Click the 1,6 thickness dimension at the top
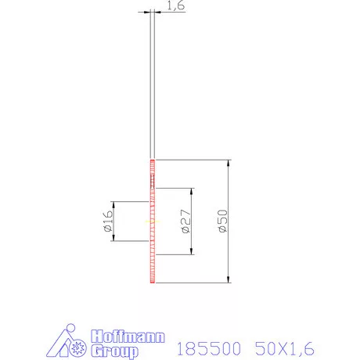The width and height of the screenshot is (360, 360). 175,6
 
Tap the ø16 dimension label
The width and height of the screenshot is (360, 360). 107,221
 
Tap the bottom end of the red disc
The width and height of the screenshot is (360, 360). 153,281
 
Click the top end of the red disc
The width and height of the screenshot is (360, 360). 153,161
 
